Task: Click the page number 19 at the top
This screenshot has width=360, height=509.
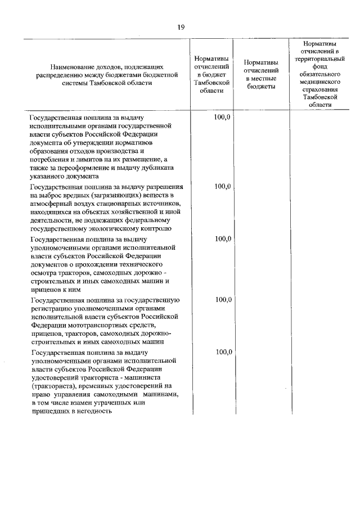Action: coord(180,26)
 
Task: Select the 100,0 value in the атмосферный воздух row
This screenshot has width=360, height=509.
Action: coord(223,186)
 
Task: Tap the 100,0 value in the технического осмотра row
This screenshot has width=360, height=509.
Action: coord(223,238)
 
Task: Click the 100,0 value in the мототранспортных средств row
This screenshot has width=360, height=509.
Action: coord(223,299)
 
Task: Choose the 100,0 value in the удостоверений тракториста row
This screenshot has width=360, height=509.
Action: coord(223,352)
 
